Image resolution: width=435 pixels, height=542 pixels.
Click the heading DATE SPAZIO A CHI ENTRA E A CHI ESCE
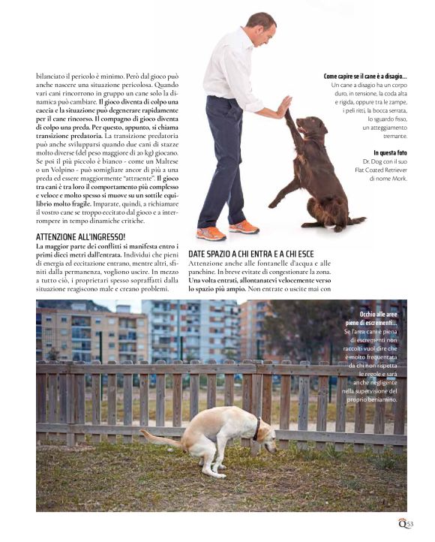pos(259,254)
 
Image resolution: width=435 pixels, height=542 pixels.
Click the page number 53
pos(410,525)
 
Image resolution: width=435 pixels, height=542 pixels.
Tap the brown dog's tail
pos(358,219)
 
